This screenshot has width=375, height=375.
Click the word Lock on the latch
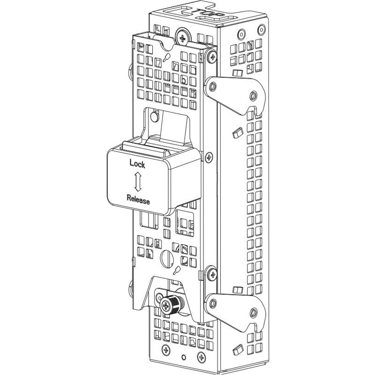[137, 164]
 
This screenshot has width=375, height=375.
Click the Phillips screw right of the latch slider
[209, 157]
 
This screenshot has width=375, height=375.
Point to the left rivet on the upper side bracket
[213, 87]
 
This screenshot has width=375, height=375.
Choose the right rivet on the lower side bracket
[254, 311]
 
